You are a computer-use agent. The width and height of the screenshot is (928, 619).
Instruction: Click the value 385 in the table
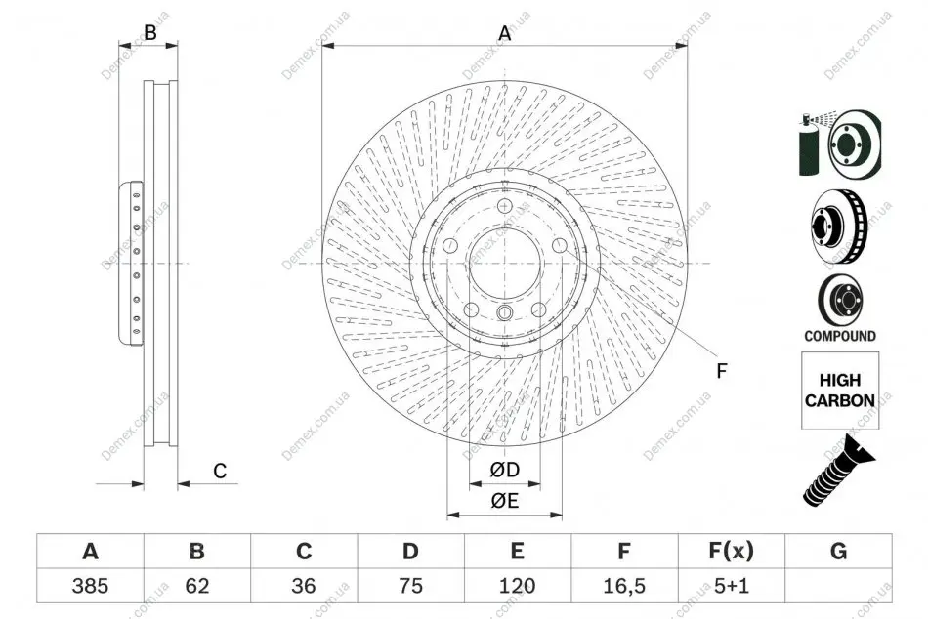tap(90, 586)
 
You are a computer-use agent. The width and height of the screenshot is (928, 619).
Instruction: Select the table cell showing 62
tap(197, 586)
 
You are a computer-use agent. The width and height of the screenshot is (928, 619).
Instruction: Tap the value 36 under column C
tap(304, 586)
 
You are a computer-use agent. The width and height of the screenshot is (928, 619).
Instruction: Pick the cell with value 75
tap(410, 586)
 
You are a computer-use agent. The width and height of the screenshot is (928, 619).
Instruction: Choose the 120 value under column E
tap(517, 586)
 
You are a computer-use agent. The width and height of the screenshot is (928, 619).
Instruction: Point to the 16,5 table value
tap(624, 586)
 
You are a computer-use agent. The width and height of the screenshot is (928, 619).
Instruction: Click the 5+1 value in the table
tap(732, 586)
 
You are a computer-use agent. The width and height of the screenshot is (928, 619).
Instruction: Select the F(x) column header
tap(732, 551)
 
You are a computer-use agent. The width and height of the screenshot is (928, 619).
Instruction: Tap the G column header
tap(839, 551)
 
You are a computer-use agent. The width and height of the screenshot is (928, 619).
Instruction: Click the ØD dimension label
tap(505, 470)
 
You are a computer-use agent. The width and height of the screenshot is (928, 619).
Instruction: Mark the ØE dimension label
tap(505, 501)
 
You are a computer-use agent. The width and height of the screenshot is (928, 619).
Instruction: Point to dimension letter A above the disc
tap(504, 33)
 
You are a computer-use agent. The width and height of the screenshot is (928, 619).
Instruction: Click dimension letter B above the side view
tap(150, 32)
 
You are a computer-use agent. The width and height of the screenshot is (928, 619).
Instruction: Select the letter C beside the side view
tap(220, 471)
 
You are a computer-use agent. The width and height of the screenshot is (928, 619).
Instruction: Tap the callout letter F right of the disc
tap(722, 371)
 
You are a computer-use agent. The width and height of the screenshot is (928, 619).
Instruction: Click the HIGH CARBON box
tap(840, 391)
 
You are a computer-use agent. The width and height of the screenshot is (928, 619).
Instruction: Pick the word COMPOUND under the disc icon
tap(840, 336)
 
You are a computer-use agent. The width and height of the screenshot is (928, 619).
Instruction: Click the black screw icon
tap(838, 470)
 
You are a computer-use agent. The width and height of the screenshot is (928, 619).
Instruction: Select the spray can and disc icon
tap(840, 144)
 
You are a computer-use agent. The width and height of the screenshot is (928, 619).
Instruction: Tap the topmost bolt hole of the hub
tap(504, 206)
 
